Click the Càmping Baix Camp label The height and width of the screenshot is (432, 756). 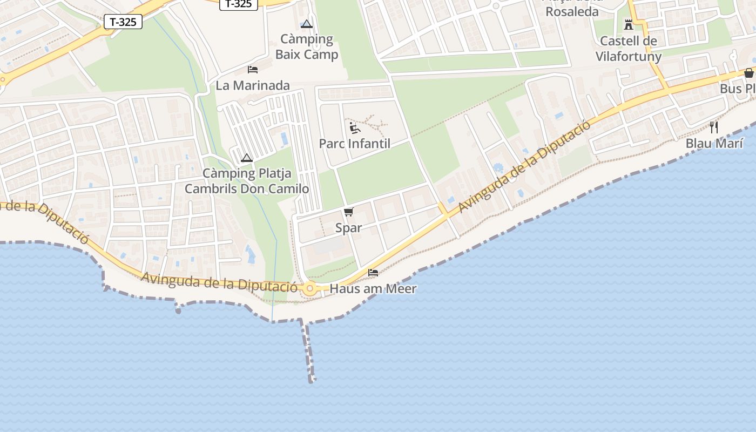307,46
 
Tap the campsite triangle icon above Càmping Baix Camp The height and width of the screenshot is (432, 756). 307,24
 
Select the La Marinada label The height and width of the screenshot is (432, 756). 253,85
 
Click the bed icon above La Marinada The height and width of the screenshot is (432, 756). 252,69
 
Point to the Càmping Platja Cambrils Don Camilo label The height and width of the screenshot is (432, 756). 247,181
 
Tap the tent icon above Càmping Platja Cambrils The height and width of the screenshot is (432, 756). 247,158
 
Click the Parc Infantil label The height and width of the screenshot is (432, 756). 354,144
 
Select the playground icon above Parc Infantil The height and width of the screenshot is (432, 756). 354,128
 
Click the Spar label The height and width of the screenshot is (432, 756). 348,228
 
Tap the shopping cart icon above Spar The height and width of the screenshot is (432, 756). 348,212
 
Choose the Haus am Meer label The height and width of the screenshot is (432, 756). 373,289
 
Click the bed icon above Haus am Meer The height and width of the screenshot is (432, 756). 373,273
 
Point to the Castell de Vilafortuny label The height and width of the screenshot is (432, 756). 629,49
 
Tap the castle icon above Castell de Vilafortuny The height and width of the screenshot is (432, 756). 629,24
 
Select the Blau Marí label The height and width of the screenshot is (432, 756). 714,144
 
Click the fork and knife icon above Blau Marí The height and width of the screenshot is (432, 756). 714,127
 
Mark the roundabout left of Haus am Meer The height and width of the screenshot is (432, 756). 309,289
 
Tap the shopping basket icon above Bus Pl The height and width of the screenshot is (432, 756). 749,73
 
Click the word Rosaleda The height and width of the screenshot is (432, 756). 572,12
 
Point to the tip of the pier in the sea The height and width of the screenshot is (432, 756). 312,380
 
